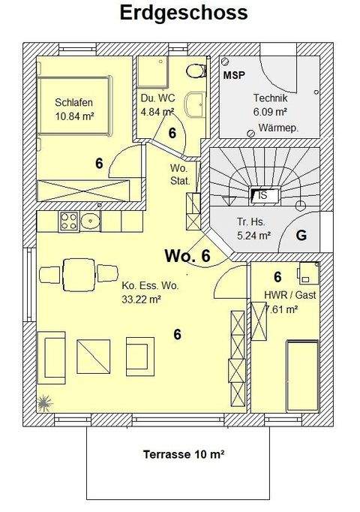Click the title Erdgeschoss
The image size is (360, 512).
(x=183, y=13)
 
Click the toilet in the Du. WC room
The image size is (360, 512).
(x=196, y=71)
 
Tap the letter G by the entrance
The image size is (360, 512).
(x=301, y=235)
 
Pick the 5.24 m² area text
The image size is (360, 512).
(x=253, y=234)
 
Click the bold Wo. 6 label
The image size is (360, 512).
(x=187, y=257)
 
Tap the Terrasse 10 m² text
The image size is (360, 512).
(x=184, y=454)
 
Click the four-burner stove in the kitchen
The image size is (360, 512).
(x=70, y=221)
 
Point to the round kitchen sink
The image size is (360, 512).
(x=91, y=221)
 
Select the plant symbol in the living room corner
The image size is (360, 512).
(x=44, y=402)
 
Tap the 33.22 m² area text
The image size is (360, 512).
(x=142, y=298)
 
